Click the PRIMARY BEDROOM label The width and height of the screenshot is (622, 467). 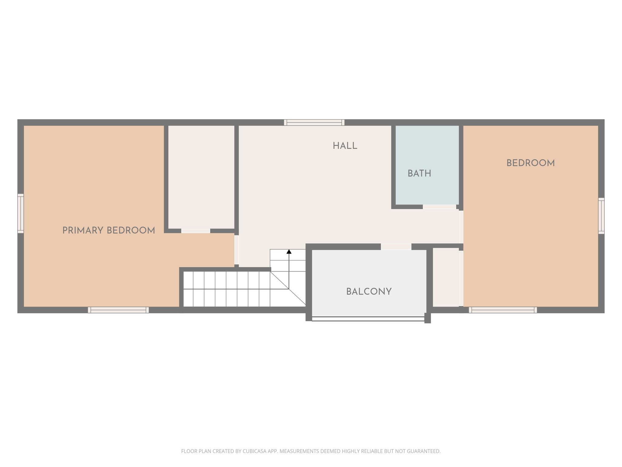point(109,230)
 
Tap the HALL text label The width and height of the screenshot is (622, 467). point(345,146)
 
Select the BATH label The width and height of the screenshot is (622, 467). point(419,174)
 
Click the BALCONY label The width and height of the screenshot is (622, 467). point(369,292)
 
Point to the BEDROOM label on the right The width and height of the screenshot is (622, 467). point(531,163)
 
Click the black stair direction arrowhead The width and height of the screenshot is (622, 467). point(289,252)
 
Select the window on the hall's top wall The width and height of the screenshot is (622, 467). point(314,123)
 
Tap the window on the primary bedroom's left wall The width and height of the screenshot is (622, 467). point(20,213)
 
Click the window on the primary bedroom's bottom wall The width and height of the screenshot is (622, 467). point(118,310)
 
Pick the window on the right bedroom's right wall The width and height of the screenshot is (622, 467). point(601,216)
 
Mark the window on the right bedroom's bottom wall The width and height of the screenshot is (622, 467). point(503,310)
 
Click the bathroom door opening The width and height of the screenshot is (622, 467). point(439,207)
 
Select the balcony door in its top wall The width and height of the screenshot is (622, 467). point(396,247)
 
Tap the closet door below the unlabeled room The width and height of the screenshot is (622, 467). point(196,231)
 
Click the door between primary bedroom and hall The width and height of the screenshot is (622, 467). point(236,250)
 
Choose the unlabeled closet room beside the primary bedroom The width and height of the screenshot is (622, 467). point(201,176)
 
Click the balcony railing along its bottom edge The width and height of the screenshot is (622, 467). point(368,319)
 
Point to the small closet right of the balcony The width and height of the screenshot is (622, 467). point(445,277)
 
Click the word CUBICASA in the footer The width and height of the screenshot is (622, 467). point(254,451)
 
